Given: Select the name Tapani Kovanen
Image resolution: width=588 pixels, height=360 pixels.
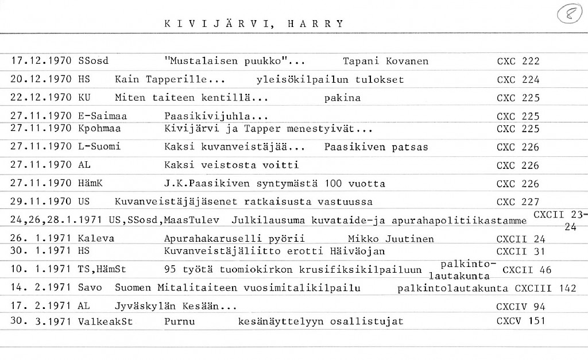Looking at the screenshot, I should pyautogui.click(x=385, y=61).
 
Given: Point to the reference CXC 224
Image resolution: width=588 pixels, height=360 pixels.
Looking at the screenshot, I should pyautogui.click(x=518, y=80).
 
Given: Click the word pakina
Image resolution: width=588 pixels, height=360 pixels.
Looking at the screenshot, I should pyautogui.click(x=342, y=98).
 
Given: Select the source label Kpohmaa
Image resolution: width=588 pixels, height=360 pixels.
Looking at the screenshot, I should pyautogui.click(x=99, y=128).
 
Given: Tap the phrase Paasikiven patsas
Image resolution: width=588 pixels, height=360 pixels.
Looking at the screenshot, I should pyautogui.click(x=376, y=147).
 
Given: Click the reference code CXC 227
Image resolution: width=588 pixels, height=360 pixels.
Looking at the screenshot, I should pyautogui.click(x=518, y=202).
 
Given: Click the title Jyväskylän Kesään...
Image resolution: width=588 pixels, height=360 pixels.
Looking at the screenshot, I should pyautogui.click(x=176, y=307).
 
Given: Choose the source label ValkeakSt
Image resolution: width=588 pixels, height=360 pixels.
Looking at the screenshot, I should pyautogui.click(x=105, y=322).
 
